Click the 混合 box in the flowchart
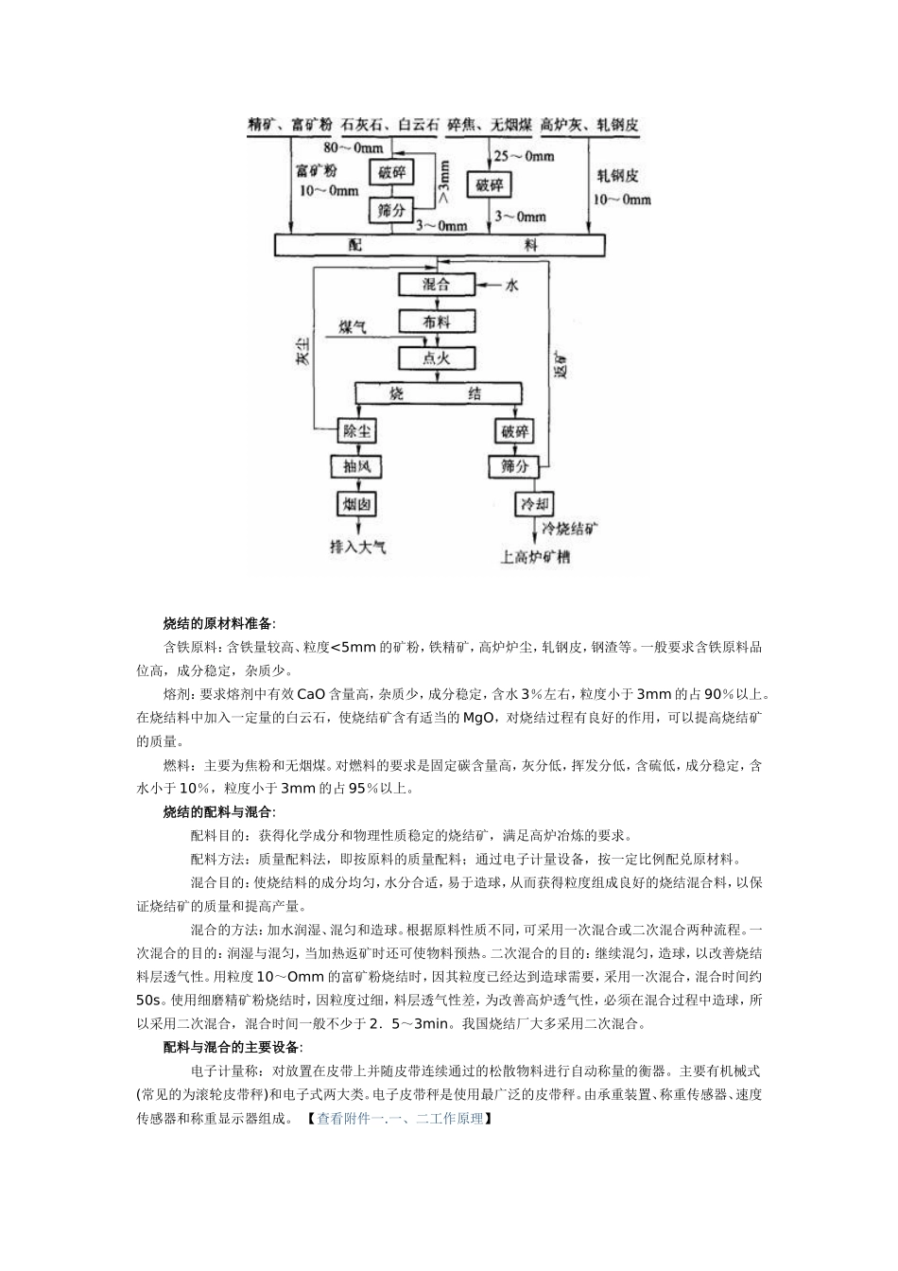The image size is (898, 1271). pyautogui.click(x=436, y=285)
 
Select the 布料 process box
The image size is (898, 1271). pyautogui.click(x=436, y=322)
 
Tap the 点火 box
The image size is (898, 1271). pyautogui.click(x=436, y=357)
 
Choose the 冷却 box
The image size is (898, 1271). pyautogui.click(x=534, y=503)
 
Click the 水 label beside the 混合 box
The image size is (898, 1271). pyautogui.click(x=511, y=285)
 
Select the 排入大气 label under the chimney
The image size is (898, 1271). pyautogui.click(x=357, y=546)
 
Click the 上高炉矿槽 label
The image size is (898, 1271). pyautogui.click(x=536, y=557)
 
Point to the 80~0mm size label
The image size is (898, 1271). pyautogui.click(x=354, y=148)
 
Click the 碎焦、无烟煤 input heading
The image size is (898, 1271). pyautogui.click(x=489, y=125)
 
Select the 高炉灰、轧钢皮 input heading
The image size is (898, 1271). pyautogui.click(x=589, y=125)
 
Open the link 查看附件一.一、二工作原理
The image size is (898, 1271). pyautogui.click(x=400, y=1119)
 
